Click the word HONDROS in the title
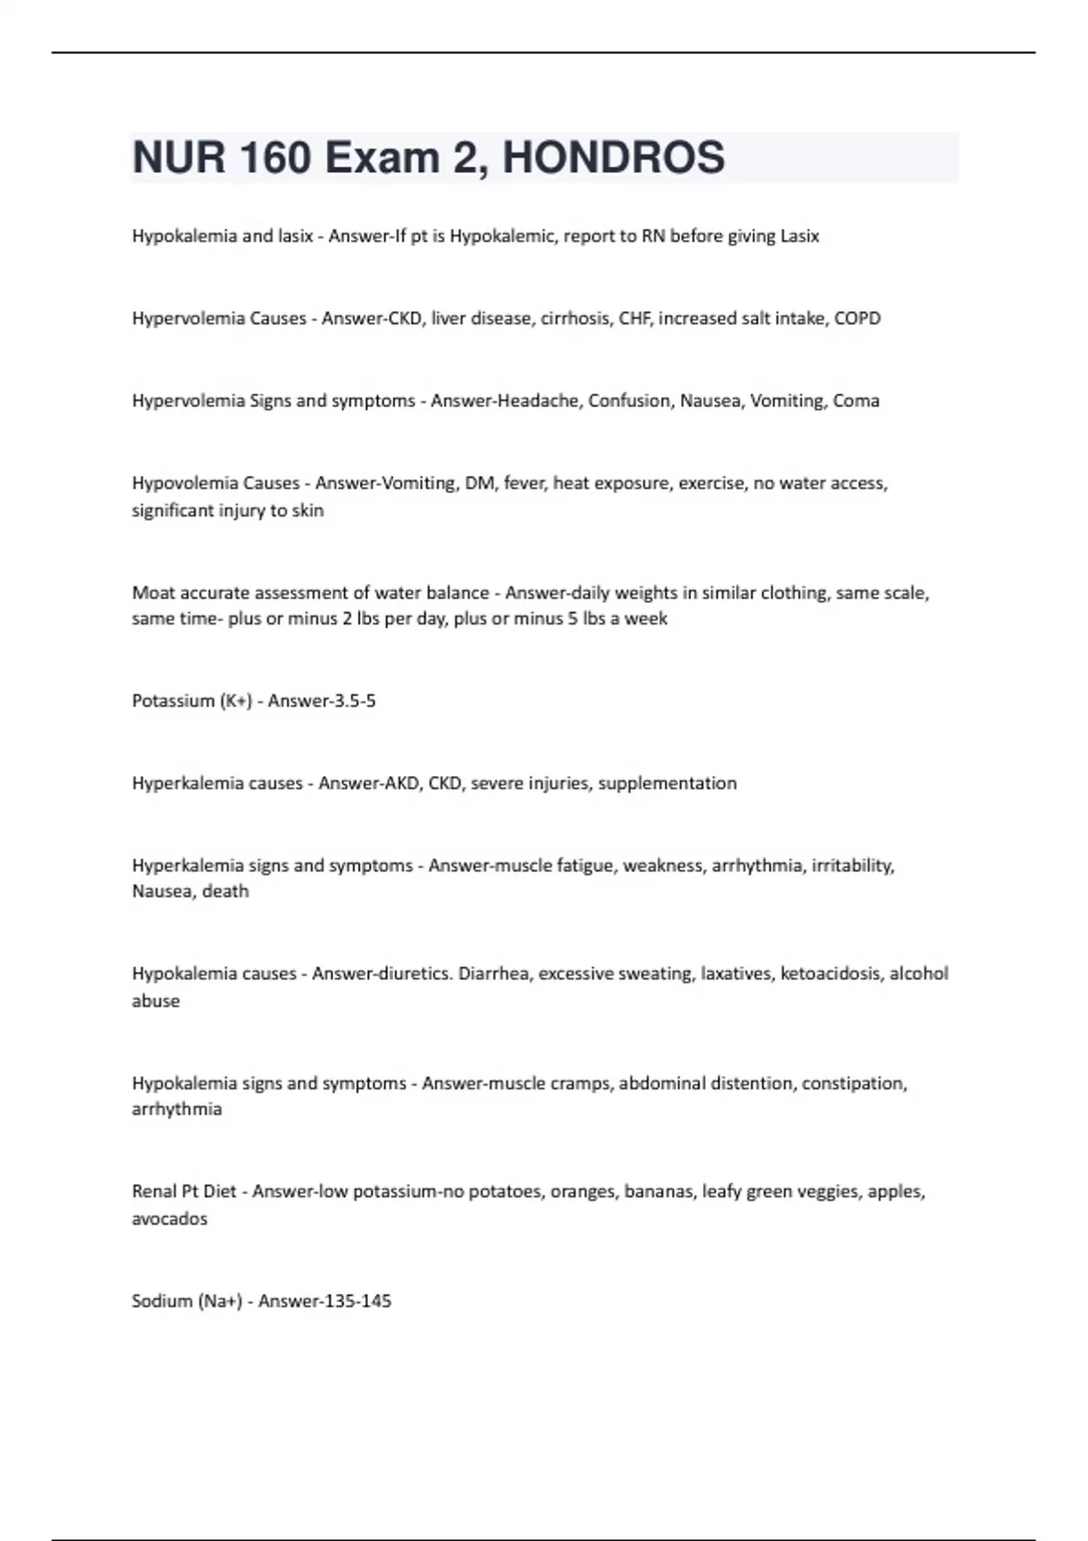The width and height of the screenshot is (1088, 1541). [613, 158]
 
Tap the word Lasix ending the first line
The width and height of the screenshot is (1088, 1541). [800, 236]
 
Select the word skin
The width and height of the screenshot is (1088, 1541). [307, 510]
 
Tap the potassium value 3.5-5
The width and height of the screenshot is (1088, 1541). [349, 701]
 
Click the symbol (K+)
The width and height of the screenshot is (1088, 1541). [237, 701]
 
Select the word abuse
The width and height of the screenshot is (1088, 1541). [156, 1001]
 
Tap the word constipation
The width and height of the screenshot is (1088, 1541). [853, 1083]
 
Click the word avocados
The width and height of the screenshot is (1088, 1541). [170, 1219]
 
